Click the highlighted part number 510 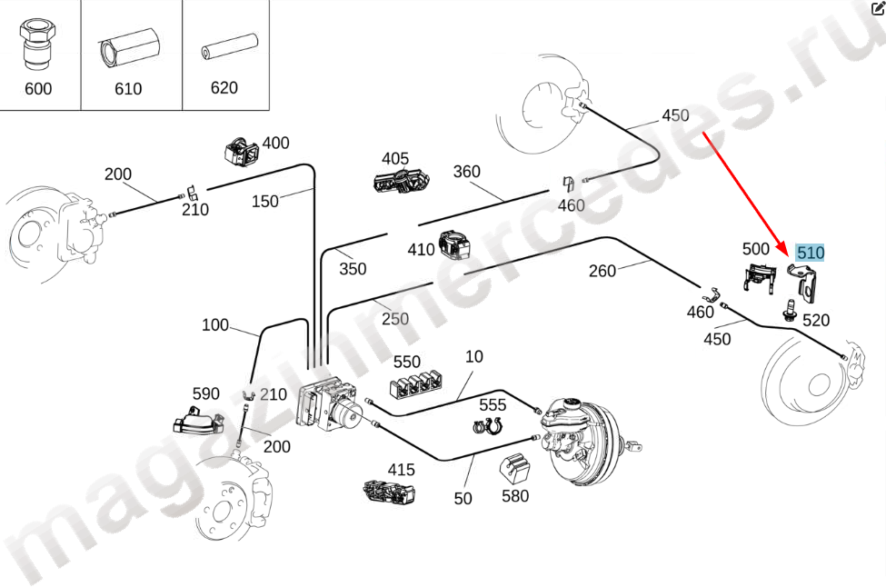(x=810, y=252)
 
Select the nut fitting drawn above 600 (x=36, y=46)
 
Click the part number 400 (x=275, y=144)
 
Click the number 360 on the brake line (x=466, y=172)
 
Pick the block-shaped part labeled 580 (x=516, y=468)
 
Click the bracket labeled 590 (x=198, y=421)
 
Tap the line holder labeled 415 (x=390, y=492)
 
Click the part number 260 (x=602, y=270)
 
